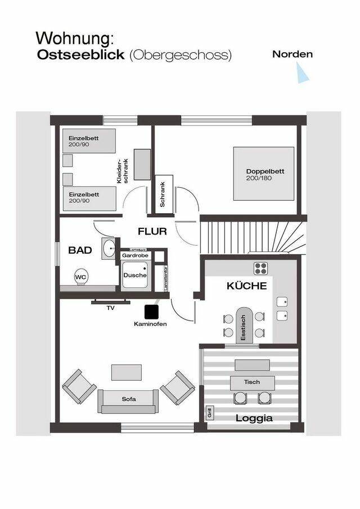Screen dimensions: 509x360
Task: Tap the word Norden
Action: (292, 55)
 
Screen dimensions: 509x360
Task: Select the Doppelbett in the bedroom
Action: (263, 174)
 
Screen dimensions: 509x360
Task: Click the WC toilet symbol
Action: (81, 277)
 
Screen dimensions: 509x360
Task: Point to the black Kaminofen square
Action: (151, 311)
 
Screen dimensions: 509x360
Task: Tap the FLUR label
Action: (153, 231)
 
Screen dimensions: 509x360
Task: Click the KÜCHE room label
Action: (246, 286)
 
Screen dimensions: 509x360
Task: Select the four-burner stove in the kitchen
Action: (261, 268)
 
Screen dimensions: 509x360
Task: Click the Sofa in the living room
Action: (129, 399)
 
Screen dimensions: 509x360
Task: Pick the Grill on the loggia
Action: (209, 413)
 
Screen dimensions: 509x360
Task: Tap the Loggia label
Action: (254, 418)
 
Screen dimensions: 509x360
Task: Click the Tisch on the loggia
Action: (252, 382)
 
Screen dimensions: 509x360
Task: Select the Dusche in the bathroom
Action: (135, 276)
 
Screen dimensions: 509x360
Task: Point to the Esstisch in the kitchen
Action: (244, 325)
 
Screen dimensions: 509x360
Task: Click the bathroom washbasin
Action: (109, 249)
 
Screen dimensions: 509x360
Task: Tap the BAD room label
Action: (80, 250)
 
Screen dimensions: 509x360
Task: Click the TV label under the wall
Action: (110, 308)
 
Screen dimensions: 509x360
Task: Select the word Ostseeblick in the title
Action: (82, 55)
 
